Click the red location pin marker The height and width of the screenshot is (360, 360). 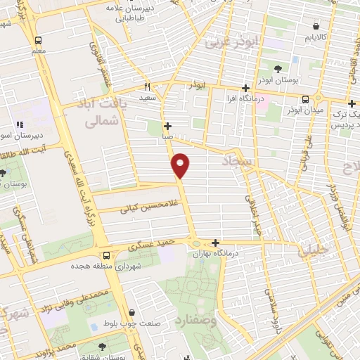click(181, 165)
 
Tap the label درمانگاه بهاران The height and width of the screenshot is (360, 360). click(236, 252)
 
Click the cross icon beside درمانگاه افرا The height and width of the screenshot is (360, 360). click(245, 89)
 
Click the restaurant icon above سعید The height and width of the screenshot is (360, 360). click(148, 86)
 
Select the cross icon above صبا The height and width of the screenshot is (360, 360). click(167, 126)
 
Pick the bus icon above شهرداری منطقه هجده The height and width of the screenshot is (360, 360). click(105, 256)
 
